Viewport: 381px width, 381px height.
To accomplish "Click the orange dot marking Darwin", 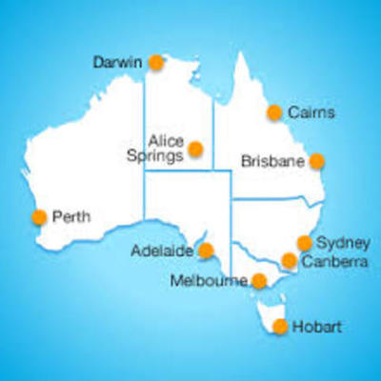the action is click(x=156, y=63).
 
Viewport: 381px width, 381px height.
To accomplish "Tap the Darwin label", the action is click(x=117, y=63).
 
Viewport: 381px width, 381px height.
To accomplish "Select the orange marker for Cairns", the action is click(x=274, y=112).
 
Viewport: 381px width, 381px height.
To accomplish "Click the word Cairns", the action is click(x=312, y=112).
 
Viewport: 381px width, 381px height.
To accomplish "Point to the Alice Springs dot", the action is click(x=195, y=149).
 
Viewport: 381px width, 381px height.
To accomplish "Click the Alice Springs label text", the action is click(x=161, y=147).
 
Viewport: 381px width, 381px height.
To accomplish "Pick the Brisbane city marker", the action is click(x=316, y=161).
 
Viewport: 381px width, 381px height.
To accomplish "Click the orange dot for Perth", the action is click(x=39, y=216).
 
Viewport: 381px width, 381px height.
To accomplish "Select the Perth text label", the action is click(x=72, y=216).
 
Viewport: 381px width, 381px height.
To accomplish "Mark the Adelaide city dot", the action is click(x=206, y=251).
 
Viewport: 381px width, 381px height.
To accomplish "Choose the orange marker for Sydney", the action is click(x=305, y=243).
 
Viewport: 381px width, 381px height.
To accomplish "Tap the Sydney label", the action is click(x=337, y=242).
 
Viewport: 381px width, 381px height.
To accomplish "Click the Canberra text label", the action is click(x=333, y=261).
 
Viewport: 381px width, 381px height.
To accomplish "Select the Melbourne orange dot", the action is click(x=258, y=281).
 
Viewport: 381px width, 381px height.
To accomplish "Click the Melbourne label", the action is click(x=210, y=281).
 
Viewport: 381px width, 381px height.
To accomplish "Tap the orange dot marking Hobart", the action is click(x=280, y=327).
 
